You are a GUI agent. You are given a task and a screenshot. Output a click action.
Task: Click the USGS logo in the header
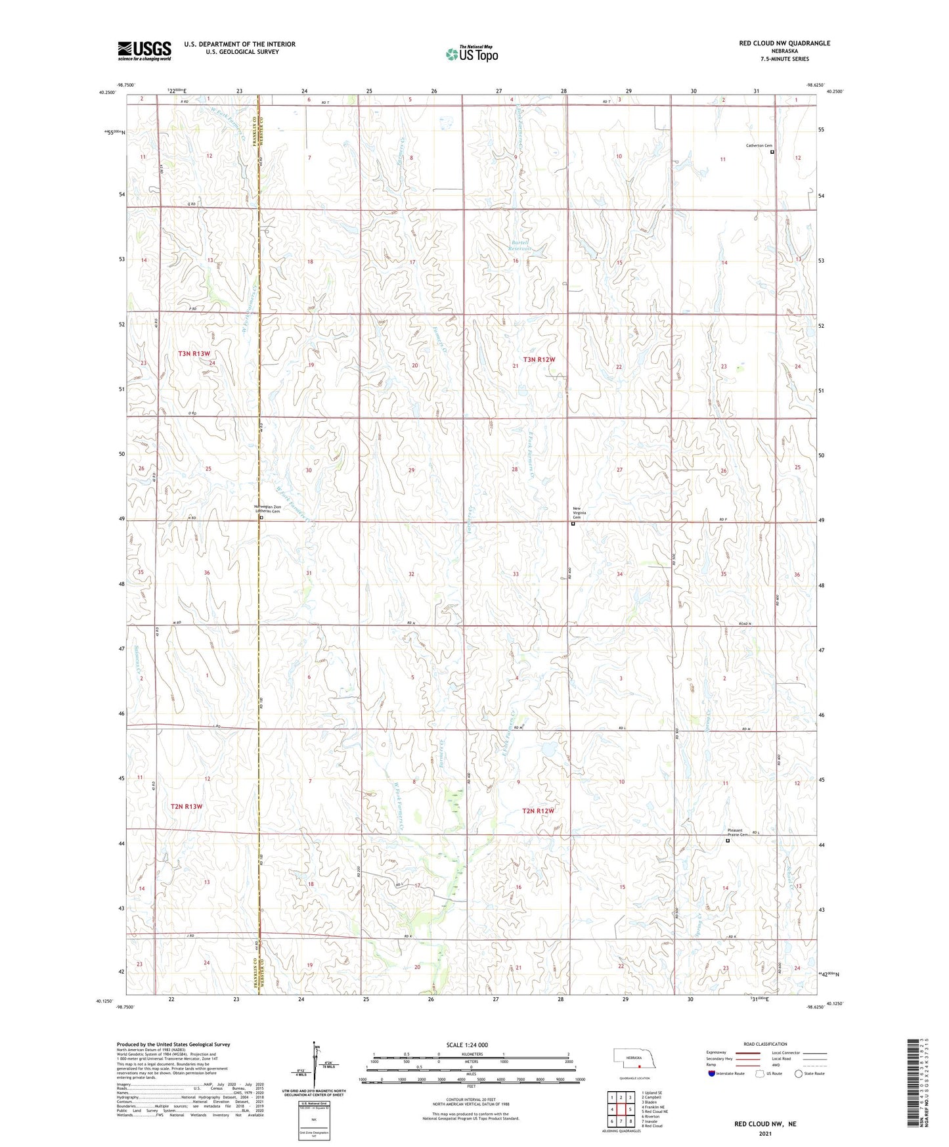pos(144,51)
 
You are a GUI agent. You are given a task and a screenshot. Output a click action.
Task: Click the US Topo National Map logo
pos(472,53)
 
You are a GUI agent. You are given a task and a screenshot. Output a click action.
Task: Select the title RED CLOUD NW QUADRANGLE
pos(784,43)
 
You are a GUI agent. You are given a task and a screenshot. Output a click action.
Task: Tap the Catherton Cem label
pos(758,146)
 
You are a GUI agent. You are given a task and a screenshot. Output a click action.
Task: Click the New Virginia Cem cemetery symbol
pos(573,524)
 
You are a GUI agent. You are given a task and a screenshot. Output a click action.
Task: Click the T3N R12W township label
pos(539,359)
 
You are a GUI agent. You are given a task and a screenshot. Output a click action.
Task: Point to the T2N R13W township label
pos(187,805)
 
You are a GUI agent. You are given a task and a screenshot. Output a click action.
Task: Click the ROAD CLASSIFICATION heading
pos(765,1044)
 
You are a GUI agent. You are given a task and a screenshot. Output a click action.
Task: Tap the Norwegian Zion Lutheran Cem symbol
pos(261,518)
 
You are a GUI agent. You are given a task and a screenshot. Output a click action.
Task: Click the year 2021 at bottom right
pos(765,1133)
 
